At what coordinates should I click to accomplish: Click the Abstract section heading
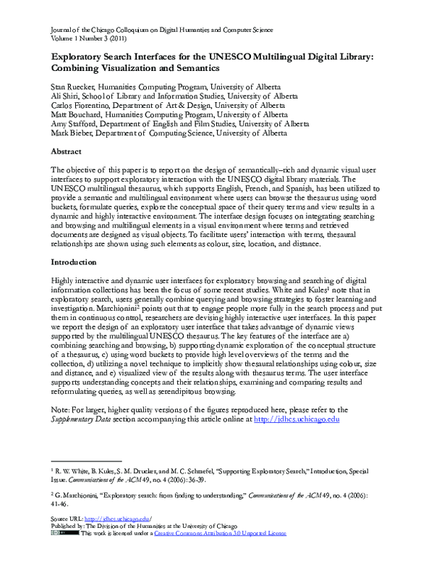click(x=71, y=152)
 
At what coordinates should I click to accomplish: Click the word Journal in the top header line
click(x=63, y=30)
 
